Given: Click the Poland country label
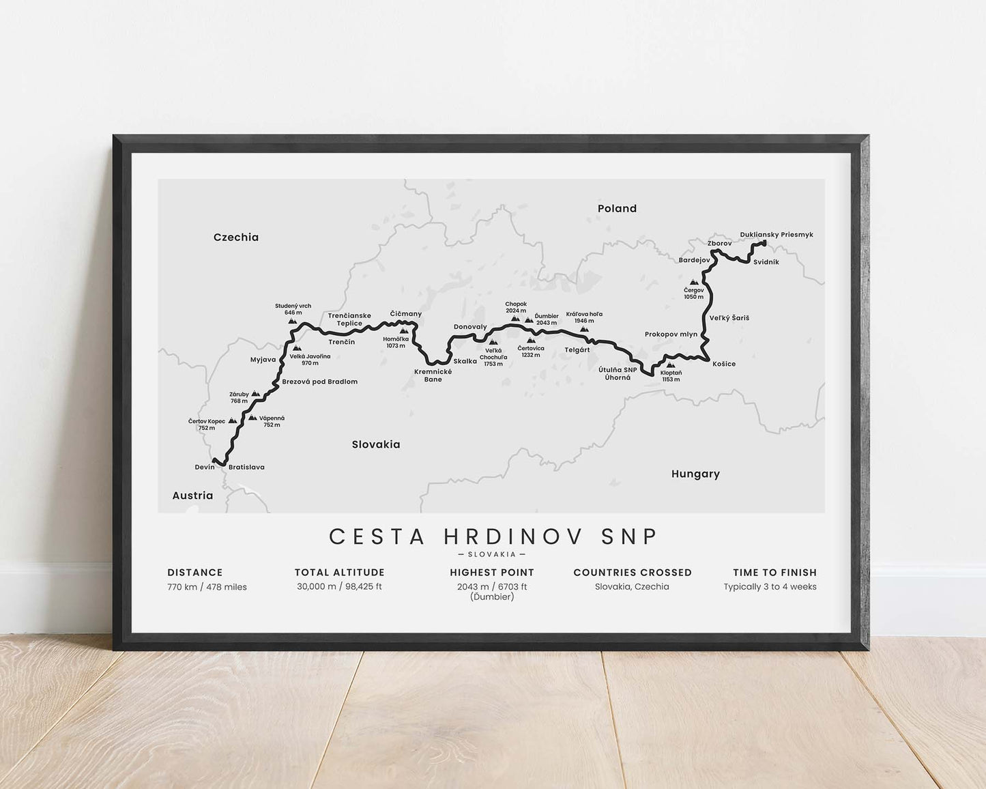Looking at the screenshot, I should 617,209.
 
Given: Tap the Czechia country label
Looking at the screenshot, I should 236,238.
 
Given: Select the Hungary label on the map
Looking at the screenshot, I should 695,474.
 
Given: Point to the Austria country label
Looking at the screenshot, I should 192,496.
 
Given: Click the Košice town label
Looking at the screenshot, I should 724,364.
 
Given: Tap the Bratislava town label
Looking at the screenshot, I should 246,468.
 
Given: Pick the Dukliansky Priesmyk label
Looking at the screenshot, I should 777,235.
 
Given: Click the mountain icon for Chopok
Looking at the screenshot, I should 514,319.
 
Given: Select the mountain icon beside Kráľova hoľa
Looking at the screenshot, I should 584,330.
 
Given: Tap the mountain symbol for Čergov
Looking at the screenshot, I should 694,282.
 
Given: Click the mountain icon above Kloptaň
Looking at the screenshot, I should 671,365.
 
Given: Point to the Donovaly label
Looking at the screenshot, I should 470,327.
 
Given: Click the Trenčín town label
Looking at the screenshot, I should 341,342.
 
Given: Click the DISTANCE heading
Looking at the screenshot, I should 195,573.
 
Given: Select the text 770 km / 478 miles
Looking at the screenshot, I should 207,587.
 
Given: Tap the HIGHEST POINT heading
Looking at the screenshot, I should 492,573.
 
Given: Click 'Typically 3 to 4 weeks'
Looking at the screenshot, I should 770,587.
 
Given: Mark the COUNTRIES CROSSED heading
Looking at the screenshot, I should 633,573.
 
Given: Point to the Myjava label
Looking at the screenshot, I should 263,360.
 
